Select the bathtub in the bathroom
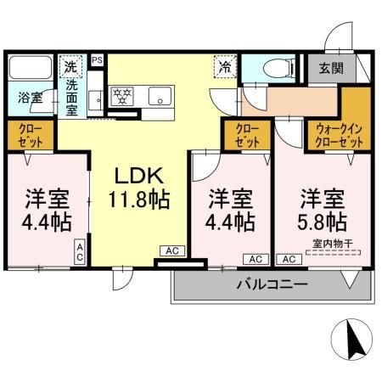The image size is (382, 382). (31, 68)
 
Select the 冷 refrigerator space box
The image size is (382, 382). (225, 66)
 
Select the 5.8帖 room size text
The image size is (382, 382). (322, 222)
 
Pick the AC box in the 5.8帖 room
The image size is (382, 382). (289, 259)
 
